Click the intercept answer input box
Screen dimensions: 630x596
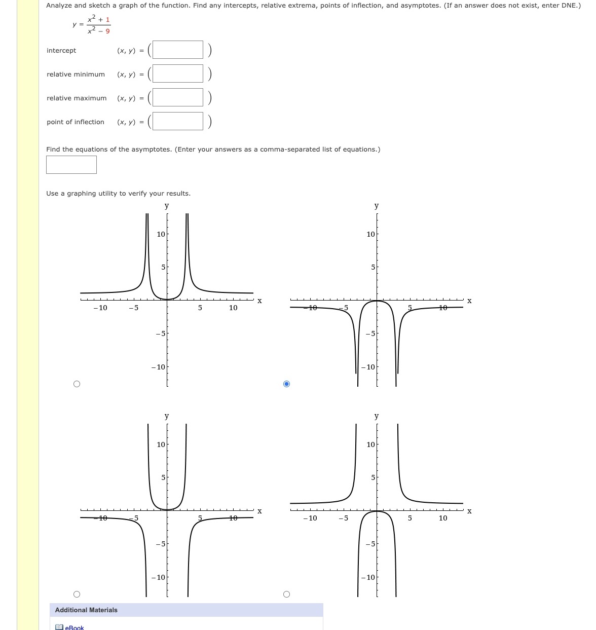pyautogui.click(x=177, y=50)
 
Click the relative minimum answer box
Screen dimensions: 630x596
pyautogui.click(x=177, y=73)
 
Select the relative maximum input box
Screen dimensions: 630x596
pyautogui.click(x=177, y=97)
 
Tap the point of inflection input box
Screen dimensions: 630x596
pyautogui.click(x=177, y=121)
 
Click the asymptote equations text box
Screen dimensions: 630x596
pyautogui.click(x=71, y=165)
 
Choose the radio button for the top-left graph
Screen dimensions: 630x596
pyautogui.click(x=77, y=384)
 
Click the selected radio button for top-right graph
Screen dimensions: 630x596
pyautogui.click(x=286, y=384)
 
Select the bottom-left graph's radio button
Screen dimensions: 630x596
pyautogui.click(x=77, y=594)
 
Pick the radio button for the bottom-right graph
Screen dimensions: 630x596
pyautogui.click(x=286, y=594)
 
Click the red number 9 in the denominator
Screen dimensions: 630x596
pyautogui.click(x=107, y=31)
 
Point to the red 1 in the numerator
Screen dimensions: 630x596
pyautogui.click(x=107, y=20)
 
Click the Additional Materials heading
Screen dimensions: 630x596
pyautogui.click(x=86, y=610)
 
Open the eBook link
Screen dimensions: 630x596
pyautogui.click(x=74, y=627)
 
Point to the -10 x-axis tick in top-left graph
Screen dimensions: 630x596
pyautogui.click(x=100, y=308)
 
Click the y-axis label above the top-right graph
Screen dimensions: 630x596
pyautogui.click(x=376, y=205)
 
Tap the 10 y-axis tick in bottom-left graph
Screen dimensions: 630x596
pyautogui.click(x=161, y=444)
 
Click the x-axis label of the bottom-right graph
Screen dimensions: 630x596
pyautogui.click(x=469, y=511)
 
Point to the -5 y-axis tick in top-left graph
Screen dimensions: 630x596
pyautogui.click(x=160, y=333)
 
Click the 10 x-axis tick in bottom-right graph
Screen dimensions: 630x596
pyautogui.click(x=443, y=518)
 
